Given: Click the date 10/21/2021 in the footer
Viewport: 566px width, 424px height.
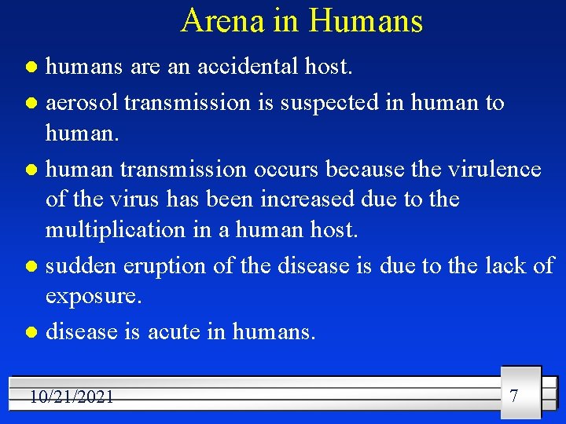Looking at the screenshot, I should tap(72, 397).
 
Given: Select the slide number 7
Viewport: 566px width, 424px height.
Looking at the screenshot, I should tap(514, 395).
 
